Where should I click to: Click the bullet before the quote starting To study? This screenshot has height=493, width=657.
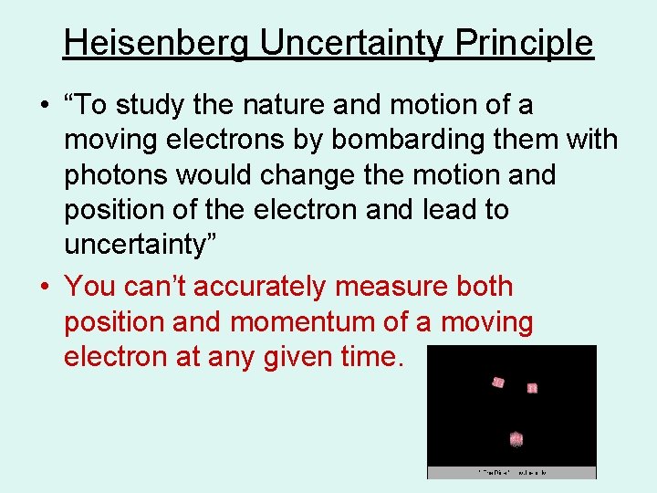44,107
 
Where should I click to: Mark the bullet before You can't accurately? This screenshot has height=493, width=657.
44,288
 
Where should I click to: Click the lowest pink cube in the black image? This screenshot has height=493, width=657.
516,439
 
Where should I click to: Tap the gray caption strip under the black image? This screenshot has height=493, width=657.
512,472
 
